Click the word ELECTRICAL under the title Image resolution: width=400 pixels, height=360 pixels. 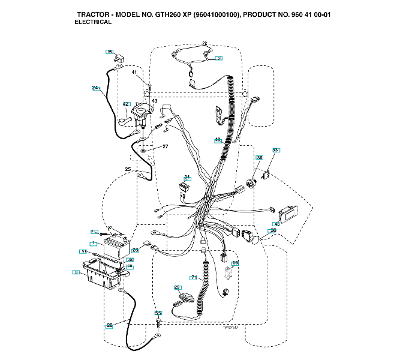tap(93, 22)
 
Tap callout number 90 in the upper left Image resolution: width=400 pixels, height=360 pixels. tap(110, 52)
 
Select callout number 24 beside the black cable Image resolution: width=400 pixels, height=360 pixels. tap(95, 88)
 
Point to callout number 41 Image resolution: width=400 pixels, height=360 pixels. tap(134, 73)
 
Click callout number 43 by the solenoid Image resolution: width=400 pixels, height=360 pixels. tap(154, 101)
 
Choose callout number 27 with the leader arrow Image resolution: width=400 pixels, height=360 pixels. tap(165, 146)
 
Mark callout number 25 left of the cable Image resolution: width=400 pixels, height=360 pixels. tap(128, 170)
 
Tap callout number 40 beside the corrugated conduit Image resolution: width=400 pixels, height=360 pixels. tap(218, 140)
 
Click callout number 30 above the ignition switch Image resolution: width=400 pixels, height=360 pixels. tap(260, 158)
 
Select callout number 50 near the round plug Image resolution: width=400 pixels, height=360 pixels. tap(273, 230)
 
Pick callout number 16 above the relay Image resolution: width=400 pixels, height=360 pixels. tap(235, 263)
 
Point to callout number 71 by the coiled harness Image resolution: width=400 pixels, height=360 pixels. tap(194, 277)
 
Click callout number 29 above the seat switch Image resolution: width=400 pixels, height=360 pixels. tap(178, 287)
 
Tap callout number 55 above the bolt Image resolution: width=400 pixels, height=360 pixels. tap(158, 313)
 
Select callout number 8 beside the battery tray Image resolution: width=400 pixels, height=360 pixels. tap(76, 272)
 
